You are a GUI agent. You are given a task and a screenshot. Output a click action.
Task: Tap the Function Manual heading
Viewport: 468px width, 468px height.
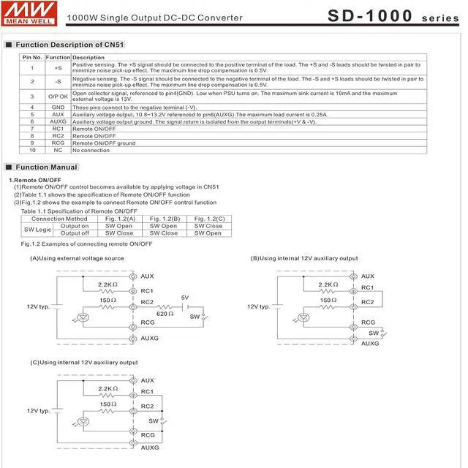pyautogui.click(x=46, y=167)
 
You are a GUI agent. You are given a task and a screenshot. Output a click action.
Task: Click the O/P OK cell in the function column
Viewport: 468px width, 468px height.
pyautogui.click(x=58, y=96)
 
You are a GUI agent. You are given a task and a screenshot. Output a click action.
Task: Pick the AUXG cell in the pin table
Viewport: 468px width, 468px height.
pyautogui.click(x=58, y=121)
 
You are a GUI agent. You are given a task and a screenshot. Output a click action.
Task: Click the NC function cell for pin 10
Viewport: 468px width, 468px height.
pyautogui.click(x=58, y=150)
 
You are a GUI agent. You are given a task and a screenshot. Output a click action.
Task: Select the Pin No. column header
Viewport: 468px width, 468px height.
pyautogui.click(x=32, y=57)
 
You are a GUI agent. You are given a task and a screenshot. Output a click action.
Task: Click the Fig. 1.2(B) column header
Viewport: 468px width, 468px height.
pyautogui.click(x=165, y=219)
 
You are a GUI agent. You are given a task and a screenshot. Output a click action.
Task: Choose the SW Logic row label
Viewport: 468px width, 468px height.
pyautogui.click(x=38, y=230)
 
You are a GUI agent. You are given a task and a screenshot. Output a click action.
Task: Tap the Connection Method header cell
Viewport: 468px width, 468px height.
pyautogui.click(x=59, y=219)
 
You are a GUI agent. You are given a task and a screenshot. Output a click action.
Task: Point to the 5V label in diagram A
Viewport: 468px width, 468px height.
pyautogui.click(x=185, y=298)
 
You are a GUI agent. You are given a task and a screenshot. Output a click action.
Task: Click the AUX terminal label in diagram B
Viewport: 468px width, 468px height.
pyautogui.click(x=368, y=276)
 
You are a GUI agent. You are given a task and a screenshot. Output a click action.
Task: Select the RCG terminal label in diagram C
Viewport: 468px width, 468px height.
pyautogui.click(x=148, y=434)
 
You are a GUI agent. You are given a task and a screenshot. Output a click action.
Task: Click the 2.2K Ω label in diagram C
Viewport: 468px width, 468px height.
pyautogui.click(x=107, y=389)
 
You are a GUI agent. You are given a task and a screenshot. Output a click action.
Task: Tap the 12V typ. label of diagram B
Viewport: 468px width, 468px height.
pyautogui.click(x=259, y=307)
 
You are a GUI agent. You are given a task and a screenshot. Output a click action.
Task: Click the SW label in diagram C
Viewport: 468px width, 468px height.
pyautogui.click(x=154, y=420)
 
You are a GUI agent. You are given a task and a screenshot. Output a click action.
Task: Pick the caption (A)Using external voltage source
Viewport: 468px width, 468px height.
pyautogui.click(x=77, y=258)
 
